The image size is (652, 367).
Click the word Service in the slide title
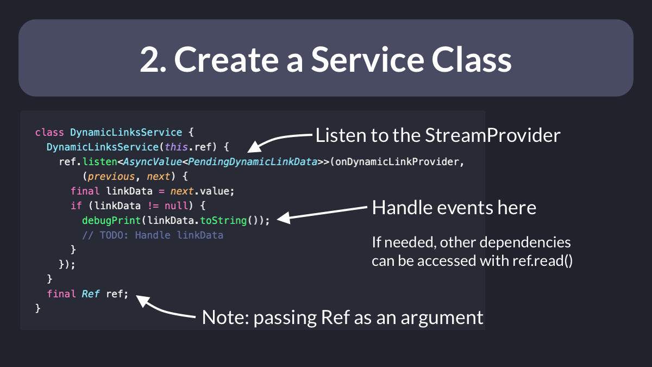click(x=367, y=59)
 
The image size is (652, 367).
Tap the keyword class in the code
click(x=49, y=133)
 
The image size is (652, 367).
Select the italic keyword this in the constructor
click(x=176, y=147)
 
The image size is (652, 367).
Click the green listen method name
click(x=100, y=161)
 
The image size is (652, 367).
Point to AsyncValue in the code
click(x=152, y=161)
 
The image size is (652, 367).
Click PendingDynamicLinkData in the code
click(x=252, y=161)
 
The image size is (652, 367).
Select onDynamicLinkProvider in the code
click(x=397, y=161)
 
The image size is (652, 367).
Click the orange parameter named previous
click(x=111, y=177)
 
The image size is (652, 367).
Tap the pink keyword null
click(x=176, y=206)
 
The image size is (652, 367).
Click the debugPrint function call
click(x=111, y=221)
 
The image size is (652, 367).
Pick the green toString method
click(x=223, y=221)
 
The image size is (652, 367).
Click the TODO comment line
click(x=153, y=235)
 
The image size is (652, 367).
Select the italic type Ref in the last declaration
click(x=91, y=294)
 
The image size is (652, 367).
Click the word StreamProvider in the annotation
click(x=492, y=135)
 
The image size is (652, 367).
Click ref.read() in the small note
click(x=542, y=260)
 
